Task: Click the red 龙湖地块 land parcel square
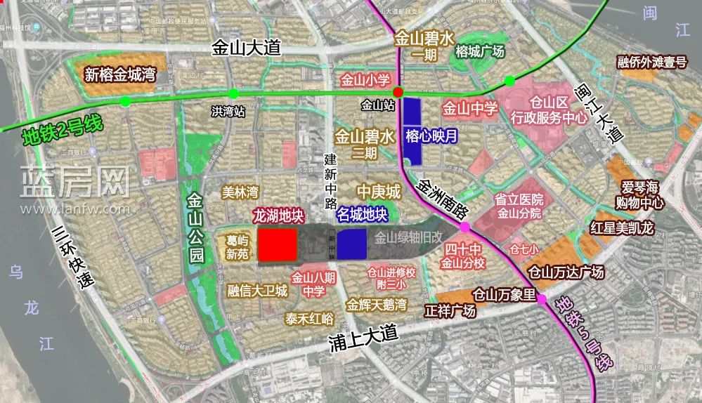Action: click(x=276, y=244)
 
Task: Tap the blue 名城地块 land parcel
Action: click(x=351, y=244)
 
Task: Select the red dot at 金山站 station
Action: click(x=398, y=92)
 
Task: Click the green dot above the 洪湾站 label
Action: click(x=234, y=93)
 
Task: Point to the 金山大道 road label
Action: click(x=246, y=48)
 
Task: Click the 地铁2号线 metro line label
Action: click(x=63, y=130)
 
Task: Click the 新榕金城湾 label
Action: click(x=119, y=74)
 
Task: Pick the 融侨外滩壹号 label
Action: click(x=652, y=63)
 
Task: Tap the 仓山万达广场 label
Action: click(x=566, y=272)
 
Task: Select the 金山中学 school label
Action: click(x=470, y=109)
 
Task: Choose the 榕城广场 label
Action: click(x=480, y=51)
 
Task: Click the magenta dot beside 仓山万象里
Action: click(x=542, y=300)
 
